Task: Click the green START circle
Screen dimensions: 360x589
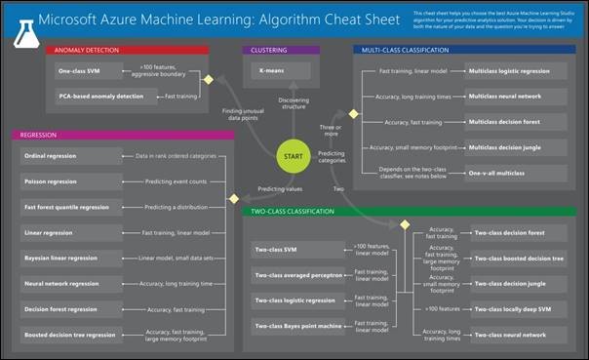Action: [294, 155]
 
